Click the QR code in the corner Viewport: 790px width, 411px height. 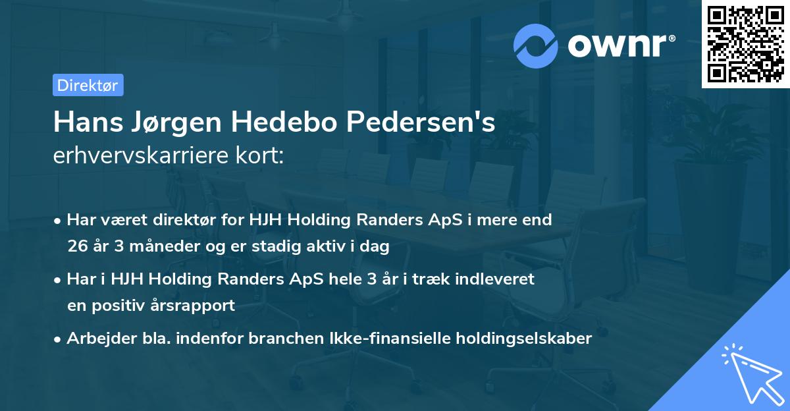click(745, 43)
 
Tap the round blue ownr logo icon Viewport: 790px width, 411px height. click(536, 45)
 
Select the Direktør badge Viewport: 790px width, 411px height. click(88, 85)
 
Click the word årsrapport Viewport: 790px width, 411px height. click(196, 306)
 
